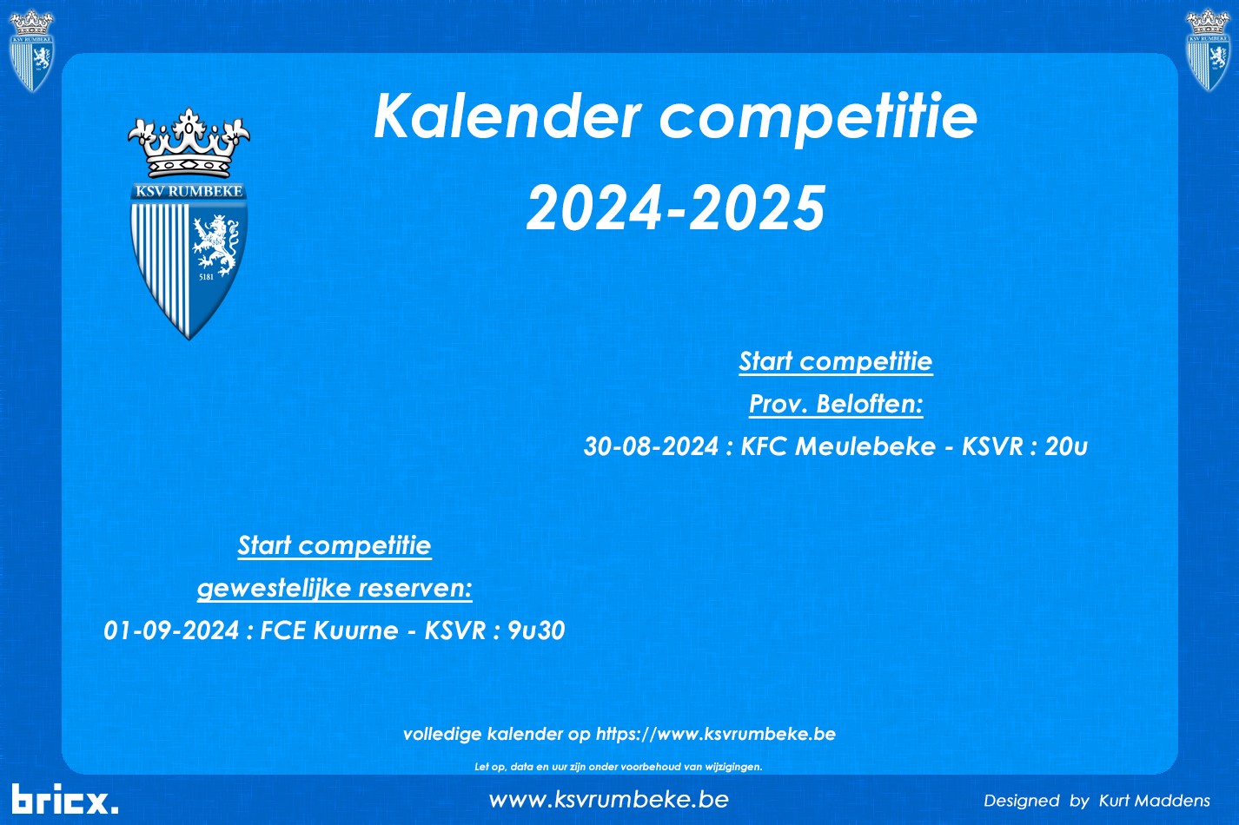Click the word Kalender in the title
tap(507, 116)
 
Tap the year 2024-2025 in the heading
tap(676, 208)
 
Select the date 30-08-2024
tap(651, 446)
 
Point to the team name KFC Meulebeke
tap(838, 446)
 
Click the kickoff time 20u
tap(1066, 446)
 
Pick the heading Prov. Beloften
tap(836, 404)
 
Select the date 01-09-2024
tap(171, 630)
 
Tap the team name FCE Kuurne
tap(329, 630)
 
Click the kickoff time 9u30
tap(536, 630)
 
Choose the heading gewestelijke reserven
tap(335, 588)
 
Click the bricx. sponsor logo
tap(64, 799)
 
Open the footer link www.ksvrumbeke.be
tap(608, 800)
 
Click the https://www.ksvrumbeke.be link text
tap(716, 734)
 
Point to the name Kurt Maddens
tap(1155, 801)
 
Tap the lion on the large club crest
tap(215, 245)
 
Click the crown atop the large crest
tap(189, 142)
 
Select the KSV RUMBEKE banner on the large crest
tap(189, 191)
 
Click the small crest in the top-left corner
tap(31, 50)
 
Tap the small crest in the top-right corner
tap(1208, 49)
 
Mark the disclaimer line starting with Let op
tap(619, 767)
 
